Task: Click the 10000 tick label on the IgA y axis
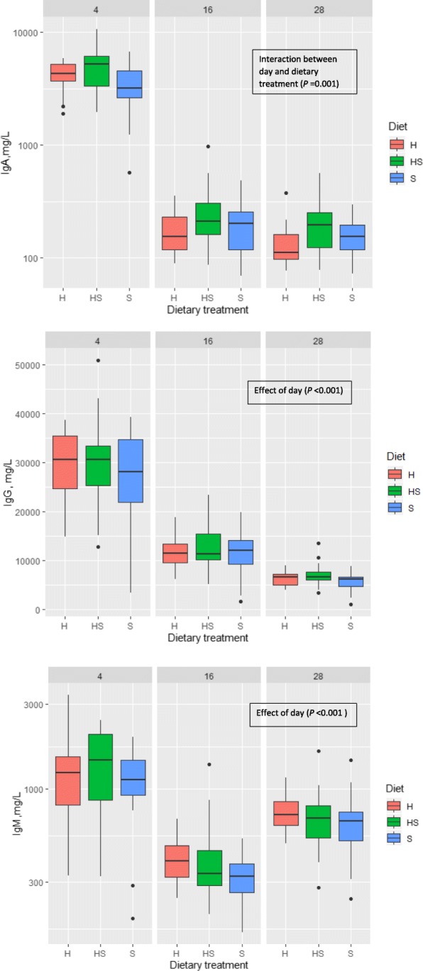pos(26,33)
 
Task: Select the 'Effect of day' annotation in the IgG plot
pos(300,390)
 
